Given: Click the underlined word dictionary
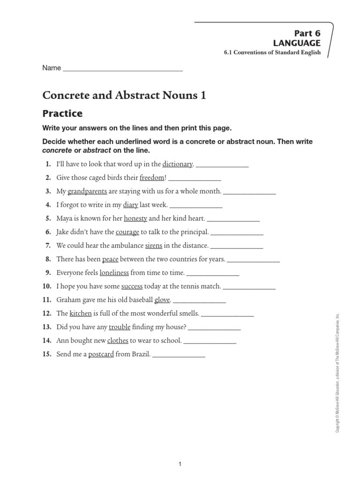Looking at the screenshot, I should pos(178,164).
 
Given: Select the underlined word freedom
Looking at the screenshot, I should pos(152,178).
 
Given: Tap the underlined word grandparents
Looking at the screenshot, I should pos(87,191).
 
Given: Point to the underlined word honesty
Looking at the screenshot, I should pos(135,218).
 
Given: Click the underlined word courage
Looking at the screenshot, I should pos(127,232).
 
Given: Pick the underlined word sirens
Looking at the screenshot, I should pos(153,246).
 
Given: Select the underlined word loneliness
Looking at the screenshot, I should pos(114,273).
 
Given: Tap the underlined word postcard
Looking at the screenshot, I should pos(101,354).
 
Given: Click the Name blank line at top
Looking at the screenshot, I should pos(122,68).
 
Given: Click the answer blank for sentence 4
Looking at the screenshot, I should pos(195,206).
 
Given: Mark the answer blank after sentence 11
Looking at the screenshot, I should pos(199,300).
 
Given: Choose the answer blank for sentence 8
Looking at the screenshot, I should pos(253,260).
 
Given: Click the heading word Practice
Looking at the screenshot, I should pos(62,113).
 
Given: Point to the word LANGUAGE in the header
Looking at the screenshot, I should pos(297,43).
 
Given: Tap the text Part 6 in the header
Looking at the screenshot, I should pos(307,33).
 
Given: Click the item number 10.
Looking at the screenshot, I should pos(46,286).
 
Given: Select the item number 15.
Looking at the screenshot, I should pos(46,354).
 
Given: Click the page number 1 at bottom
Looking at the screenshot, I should pos(180,464).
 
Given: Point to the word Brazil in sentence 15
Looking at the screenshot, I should pos(141,354).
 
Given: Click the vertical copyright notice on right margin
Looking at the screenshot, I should pos(337,373).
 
